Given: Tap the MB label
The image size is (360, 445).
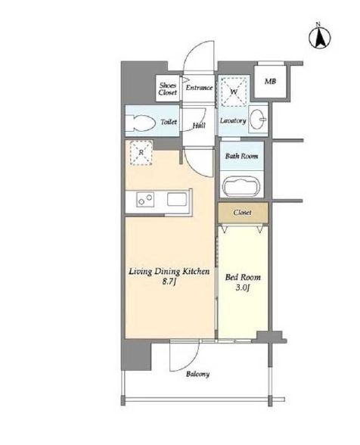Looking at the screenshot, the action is pos(270,82).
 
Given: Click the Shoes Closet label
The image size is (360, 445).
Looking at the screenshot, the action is pos(168,89).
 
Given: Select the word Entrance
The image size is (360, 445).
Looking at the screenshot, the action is pos(199,88).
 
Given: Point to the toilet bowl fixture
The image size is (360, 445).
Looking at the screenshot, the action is pos(141,123).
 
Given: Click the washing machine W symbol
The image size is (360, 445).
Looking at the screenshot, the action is pos(234,92).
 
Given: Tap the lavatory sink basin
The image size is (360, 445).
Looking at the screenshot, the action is pos(259,120).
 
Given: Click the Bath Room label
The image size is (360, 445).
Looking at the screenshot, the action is pos(242,156).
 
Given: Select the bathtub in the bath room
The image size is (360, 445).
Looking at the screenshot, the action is pos(241,187).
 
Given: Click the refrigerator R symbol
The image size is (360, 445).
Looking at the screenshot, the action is pos(141,153).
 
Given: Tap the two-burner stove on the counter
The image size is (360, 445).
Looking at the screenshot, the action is pos(145,199).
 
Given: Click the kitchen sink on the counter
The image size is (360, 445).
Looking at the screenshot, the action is pos(177,199).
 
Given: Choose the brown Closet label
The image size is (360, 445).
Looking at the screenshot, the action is pos(242,212).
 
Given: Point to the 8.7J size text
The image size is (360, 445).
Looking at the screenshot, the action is pos(169,282).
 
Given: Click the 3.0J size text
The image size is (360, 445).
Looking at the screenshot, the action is pos(243,288).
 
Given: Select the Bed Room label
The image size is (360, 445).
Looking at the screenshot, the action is pos(243,277).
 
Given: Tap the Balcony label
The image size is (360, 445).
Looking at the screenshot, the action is pos(197,374).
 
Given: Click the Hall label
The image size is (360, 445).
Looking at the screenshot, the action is pos(199,125).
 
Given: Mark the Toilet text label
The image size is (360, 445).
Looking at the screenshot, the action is pos(169,122).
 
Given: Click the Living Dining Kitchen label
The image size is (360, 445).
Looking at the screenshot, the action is pos(169,271).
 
